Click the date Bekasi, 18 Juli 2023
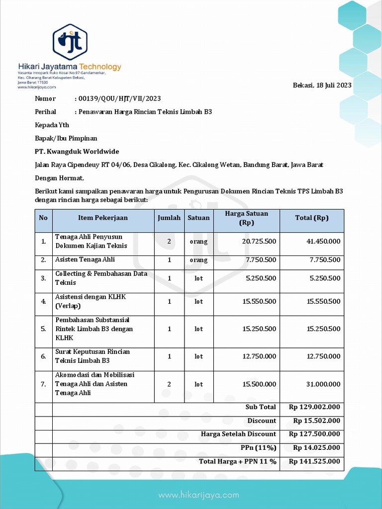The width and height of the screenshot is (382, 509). tap(322, 85)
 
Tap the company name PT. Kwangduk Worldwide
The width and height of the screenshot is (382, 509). tap(77, 151)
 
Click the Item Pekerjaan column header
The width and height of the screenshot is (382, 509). tap(103, 218)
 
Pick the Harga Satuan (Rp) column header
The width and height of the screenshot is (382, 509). tap(246, 218)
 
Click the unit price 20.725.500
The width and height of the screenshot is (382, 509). tap(259, 241)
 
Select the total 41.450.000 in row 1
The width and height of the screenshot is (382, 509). tap(323, 241)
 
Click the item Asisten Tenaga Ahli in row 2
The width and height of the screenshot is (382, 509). tap(85, 259)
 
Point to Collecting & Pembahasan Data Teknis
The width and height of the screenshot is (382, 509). tap(101, 278)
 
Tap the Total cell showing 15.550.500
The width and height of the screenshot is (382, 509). tap(323, 301)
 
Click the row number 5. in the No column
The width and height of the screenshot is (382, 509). tap(43, 329)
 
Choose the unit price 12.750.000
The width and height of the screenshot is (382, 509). tap(259, 356)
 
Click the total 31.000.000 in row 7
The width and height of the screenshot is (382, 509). tap(323, 384)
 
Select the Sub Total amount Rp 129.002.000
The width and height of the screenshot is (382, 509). tap(314, 407)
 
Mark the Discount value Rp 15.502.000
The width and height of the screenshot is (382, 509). tap(317, 421)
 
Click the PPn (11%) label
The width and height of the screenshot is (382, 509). tap(258, 447)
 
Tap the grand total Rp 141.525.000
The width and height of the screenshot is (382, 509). tap(314, 461)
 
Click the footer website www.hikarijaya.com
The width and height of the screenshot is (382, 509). tap(198, 495)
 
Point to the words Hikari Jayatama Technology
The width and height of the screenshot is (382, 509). tap(70, 67)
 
